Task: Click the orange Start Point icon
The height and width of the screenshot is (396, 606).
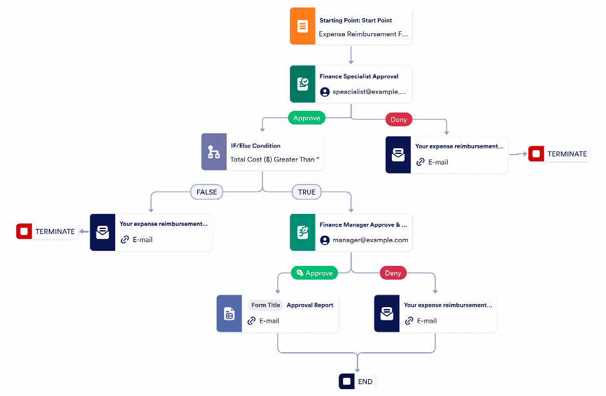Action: click(x=302, y=26)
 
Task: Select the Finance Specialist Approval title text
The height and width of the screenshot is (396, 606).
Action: click(x=359, y=76)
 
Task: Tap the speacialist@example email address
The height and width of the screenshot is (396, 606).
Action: click(x=369, y=91)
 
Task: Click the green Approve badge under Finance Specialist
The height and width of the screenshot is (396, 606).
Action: click(x=307, y=118)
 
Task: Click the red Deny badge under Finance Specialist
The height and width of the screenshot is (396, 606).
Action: click(x=399, y=119)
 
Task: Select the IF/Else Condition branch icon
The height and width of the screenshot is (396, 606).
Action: click(x=213, y=152)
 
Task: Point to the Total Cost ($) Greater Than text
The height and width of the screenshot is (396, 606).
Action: click(x=274, y=160)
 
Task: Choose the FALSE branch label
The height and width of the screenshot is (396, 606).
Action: click(x=207, y=192)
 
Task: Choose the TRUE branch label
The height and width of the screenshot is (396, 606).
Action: click(x=306, y=192)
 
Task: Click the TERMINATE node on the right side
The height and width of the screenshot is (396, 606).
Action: click(x=559, y=154)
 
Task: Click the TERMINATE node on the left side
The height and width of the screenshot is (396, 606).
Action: click(x=48, y=231)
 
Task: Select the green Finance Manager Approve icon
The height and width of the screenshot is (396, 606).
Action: click(x=302, y=232)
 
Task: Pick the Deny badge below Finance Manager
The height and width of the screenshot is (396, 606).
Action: click(x=393, y=273)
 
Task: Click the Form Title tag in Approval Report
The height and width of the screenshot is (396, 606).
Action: click(x=266, y=305)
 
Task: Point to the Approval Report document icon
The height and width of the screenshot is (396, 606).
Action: click(x=229, y=313)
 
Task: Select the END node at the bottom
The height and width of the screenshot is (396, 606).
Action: click(x=357, y=381)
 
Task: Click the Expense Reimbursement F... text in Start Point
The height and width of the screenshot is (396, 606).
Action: click(x=363, y=34)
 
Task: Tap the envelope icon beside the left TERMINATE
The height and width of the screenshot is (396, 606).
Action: click(x=102, y=232)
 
